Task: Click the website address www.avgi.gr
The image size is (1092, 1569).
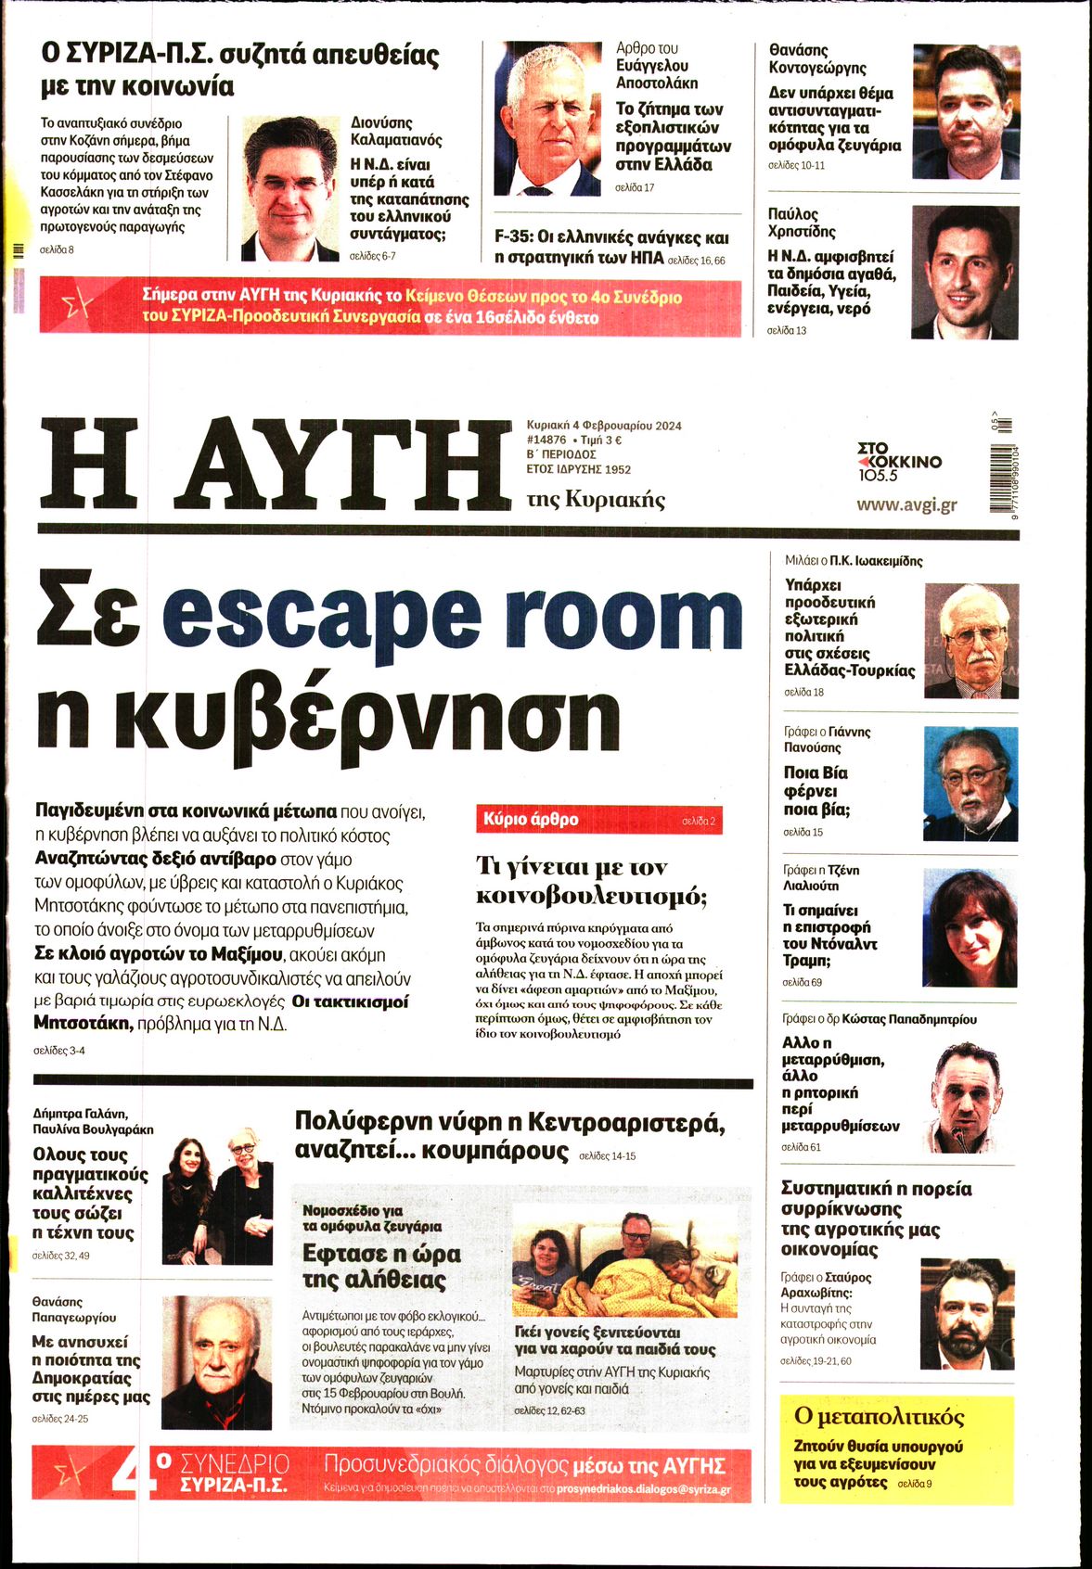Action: click(906, 505)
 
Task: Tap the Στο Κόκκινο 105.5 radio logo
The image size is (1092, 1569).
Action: click(898, 461)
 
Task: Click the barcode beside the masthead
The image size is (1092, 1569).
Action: click(1000, 473)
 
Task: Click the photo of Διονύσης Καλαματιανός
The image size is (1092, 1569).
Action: click(289, 188)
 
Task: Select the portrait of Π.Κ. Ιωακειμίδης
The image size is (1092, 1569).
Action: click(971, 641)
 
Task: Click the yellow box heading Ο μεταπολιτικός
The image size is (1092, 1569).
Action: click(880, 1417)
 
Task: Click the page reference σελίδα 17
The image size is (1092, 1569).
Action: click(635, 187)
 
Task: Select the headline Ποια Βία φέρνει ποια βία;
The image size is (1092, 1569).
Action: click(816, 791)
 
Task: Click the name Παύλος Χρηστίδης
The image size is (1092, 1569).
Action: click(802, 223)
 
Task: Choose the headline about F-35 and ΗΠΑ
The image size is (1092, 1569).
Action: click(610, 248)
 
